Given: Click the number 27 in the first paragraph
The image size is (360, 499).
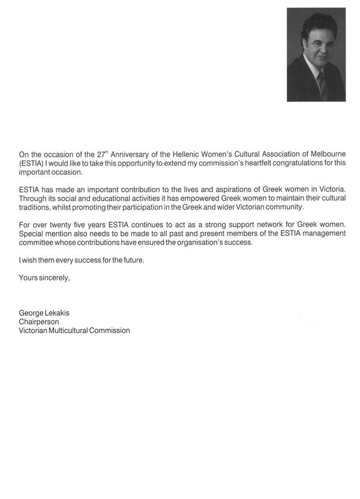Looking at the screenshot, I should point(101,154).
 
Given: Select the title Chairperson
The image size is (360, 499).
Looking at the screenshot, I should point(39,322).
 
